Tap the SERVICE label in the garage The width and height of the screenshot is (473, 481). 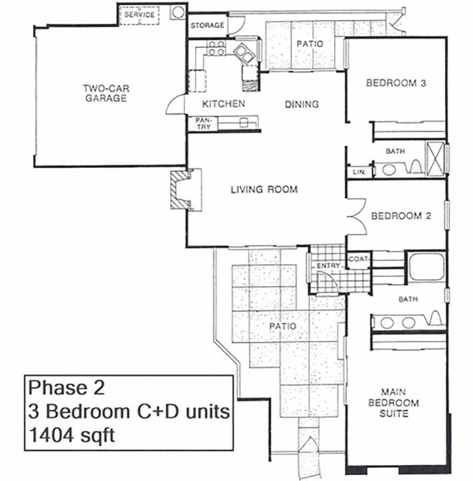click(x=139, y=15)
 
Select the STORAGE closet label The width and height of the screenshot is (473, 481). click(x=207, y=25)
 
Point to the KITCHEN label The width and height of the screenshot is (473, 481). click(x=223, y=104)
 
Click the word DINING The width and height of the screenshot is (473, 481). click(x=302, y=104)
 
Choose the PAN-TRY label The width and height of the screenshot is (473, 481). click(x=203, y=123)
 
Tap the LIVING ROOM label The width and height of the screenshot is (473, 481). click(x=264, y=189)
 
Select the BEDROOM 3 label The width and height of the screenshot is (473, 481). click(x=396, y=83)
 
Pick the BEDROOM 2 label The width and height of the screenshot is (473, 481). click(x=401, y=216)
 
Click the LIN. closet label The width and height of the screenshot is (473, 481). click(x=358, y=172)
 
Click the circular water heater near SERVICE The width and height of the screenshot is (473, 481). click(x=177, y=12)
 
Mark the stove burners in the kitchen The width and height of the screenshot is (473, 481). click(x=216, y=48)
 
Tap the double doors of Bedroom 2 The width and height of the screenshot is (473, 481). click(x=357, y=216)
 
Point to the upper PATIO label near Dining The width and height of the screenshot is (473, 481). click(x=310, y=44)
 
